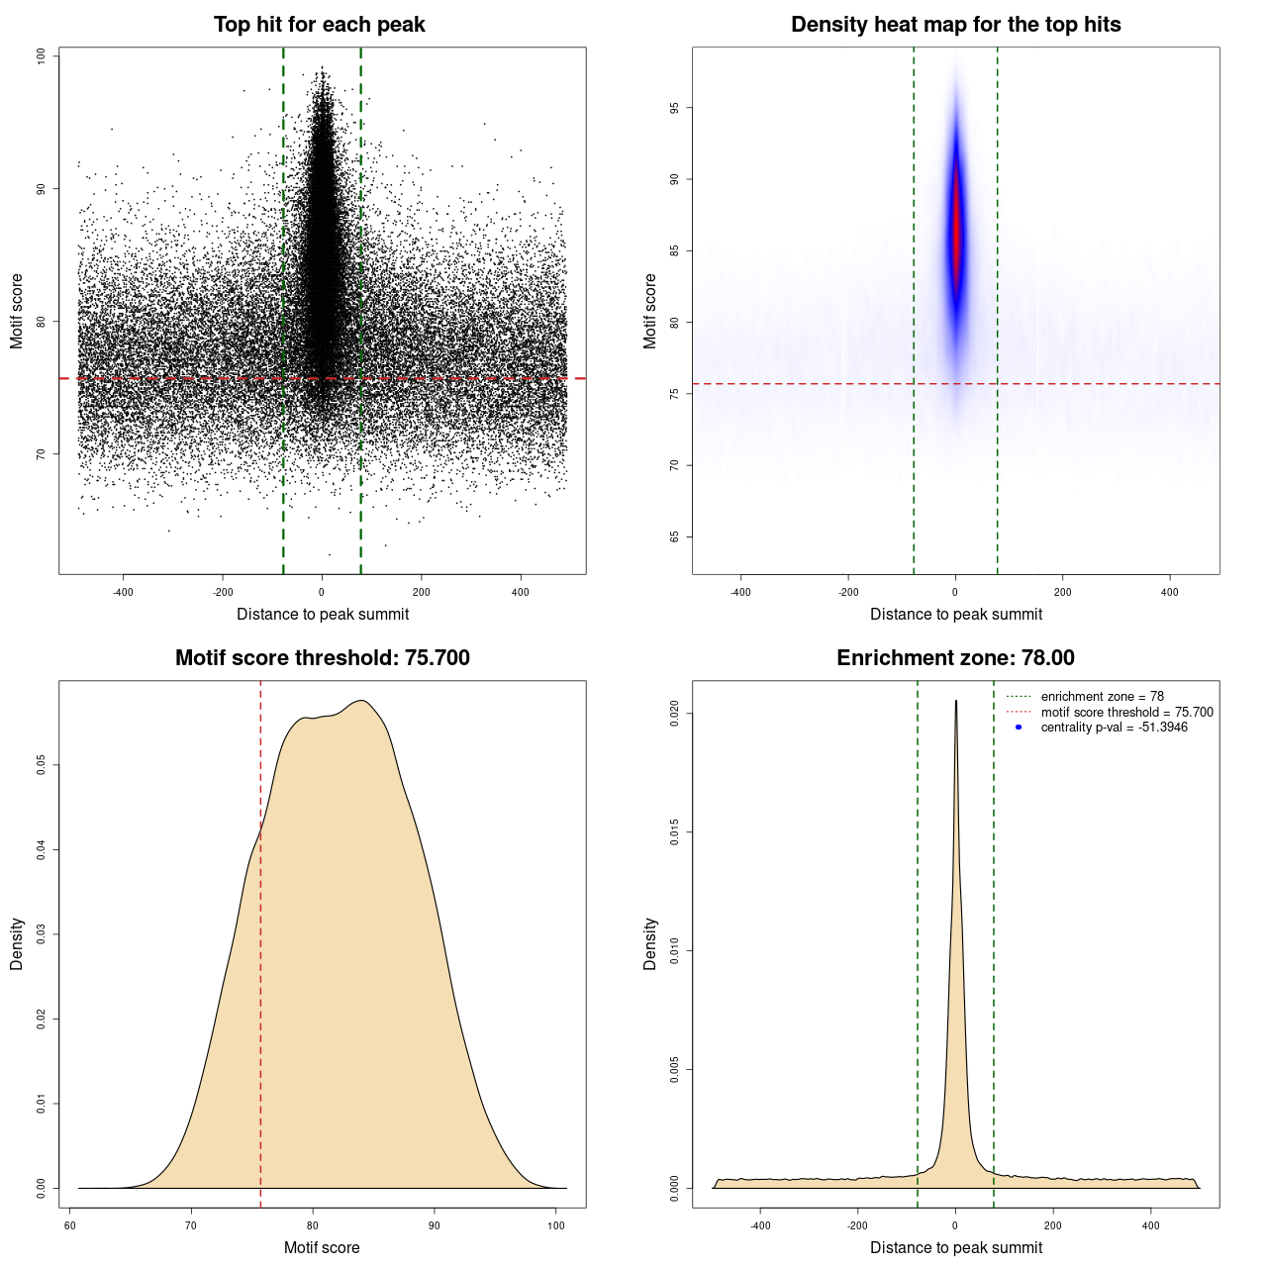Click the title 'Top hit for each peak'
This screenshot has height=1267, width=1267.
(x=320, y=25)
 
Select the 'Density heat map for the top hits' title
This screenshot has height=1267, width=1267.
(x=955, y=25)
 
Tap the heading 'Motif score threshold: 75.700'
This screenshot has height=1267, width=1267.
(x=322, y=658)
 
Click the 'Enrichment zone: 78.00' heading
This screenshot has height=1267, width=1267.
(x=955, y=658)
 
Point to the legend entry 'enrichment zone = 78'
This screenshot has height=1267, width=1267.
(x=1102, y=697)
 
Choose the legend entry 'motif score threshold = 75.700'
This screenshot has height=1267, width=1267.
(x=1126, y=712)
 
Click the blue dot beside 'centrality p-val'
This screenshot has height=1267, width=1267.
(x=1019, y=728)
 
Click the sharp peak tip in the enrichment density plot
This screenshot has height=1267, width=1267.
(x=955, y=702)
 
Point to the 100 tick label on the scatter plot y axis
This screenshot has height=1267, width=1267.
(x=42, y=56)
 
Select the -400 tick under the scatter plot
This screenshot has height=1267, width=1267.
(x=123, y=592)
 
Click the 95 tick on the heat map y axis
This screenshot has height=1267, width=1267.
(x=675, y=108)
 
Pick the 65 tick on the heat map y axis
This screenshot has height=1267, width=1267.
(x=675, y=536)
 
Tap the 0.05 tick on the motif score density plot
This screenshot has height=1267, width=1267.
(x=42, y=765)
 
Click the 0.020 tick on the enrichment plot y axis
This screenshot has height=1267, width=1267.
(x=675, y=714)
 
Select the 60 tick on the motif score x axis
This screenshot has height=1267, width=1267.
(x=70, y=1225)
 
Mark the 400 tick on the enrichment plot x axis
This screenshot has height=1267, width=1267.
(x=1150, y=1225)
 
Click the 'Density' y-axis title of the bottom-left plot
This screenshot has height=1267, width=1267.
(x=17, y=943)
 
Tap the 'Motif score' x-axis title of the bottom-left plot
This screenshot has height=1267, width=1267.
(x=322, y=1247)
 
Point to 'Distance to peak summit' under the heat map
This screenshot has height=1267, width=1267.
(x=955, y=614)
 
